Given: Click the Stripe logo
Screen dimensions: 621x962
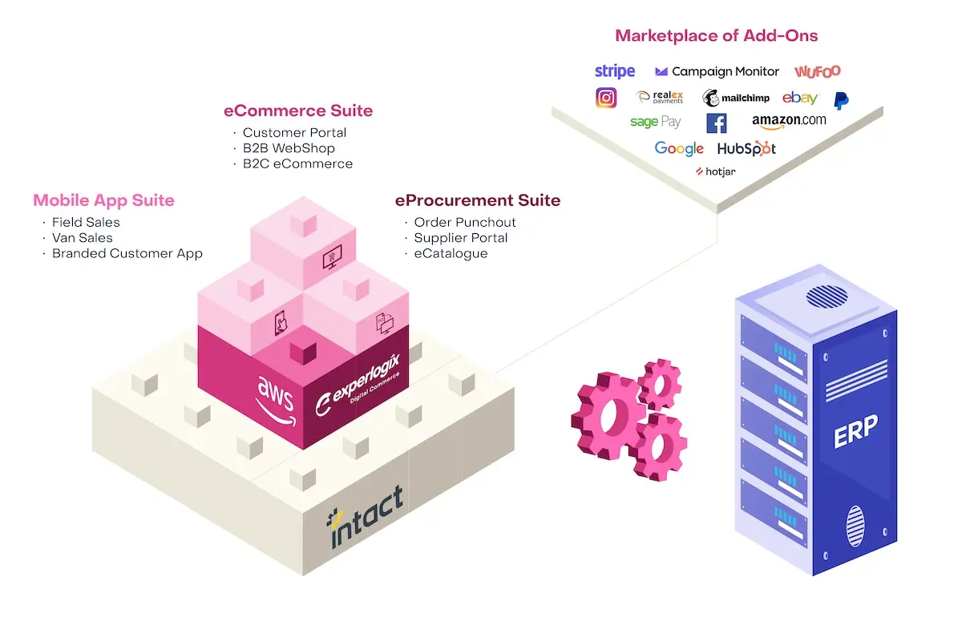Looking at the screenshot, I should (x=615, y=71).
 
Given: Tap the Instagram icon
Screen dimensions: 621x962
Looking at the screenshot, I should (x=606, y=98).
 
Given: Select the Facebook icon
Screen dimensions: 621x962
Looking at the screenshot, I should (x=717, y=123).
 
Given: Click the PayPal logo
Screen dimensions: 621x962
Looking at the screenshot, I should (x=841, y=100).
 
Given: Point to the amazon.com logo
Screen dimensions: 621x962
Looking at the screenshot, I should (x=789, y=121).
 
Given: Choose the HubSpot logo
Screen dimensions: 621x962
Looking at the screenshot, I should (x=746, y=148).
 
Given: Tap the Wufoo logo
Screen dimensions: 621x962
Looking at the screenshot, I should (x=818, y=71).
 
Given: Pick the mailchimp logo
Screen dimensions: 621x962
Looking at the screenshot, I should (x=736, y=98).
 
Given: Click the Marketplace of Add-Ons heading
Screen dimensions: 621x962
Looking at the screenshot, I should (x=716, y=36).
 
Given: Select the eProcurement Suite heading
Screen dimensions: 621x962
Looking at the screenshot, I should (x=478, y=200).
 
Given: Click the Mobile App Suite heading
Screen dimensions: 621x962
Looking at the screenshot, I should (x=103, y=200).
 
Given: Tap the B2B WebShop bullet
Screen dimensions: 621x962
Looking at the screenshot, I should (x=289, y=148).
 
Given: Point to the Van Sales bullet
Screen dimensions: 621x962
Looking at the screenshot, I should (x=83, y=238).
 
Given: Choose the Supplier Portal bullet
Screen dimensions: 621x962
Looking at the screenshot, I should (x=460, y=238).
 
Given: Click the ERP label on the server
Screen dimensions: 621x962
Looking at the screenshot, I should (x=855, y=432).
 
